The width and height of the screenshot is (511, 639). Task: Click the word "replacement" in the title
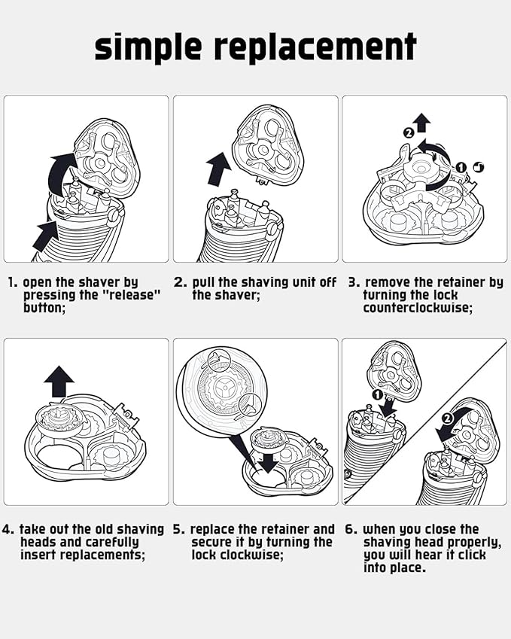[315, 47]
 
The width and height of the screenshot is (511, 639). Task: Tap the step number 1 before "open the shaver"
[11, 282]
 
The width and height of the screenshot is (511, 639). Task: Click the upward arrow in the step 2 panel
[219, 169]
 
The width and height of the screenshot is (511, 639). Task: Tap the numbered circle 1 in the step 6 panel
[377, 394]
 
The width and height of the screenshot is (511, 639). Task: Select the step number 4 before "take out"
[8, 529]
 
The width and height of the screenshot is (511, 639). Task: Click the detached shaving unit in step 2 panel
[267, 145]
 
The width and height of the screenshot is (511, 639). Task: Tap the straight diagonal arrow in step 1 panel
[46, 236]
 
